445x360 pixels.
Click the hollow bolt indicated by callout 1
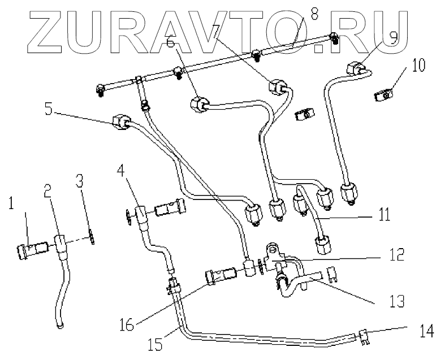(x=31, y=249)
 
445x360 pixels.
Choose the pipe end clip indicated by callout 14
(x=364, y=337)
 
